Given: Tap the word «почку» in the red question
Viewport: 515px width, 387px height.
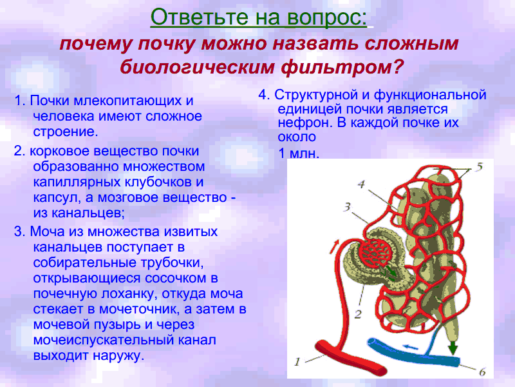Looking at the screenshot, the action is (x=166, y=44).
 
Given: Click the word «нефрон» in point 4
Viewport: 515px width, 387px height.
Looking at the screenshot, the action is (x=305, y=123).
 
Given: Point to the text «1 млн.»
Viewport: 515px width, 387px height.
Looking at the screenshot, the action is (x=299, y=154).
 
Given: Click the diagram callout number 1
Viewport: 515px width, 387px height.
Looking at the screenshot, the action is (x=297, y=362).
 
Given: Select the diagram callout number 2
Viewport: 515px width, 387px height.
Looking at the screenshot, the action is (x=358, y=314).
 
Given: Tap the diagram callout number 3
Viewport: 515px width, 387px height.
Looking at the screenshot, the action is (x=347, y=206).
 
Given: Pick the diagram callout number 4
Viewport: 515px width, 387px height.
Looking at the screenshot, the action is (x=361, y=184).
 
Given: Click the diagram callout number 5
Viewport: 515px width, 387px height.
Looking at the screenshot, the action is (x=480, y=166).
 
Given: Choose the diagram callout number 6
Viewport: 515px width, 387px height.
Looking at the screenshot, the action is (x=482, y=372).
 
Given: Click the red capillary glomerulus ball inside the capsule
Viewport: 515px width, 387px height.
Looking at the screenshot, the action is (x=375, y=252).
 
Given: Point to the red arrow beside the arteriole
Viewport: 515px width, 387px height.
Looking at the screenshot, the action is (x=334, y=246).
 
